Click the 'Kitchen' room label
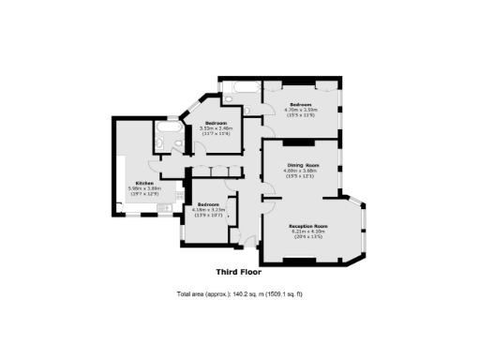144,183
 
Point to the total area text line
240,294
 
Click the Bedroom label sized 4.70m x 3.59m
301,103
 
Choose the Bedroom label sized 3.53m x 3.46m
217,123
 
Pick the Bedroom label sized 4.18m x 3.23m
207,204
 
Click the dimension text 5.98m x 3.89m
144,188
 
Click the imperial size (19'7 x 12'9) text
144,194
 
